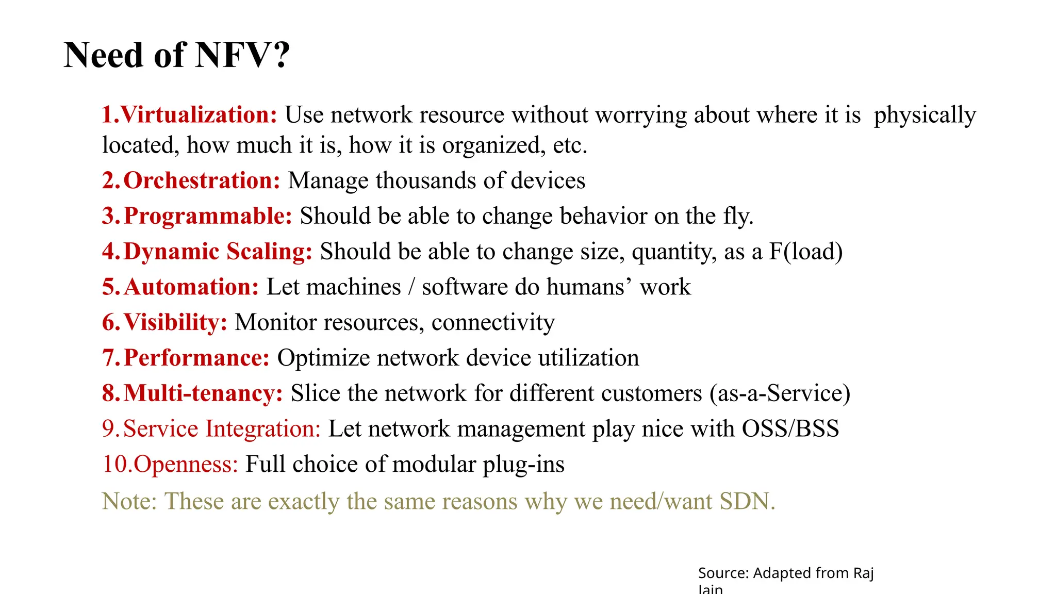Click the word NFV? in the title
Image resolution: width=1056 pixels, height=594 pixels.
click(242, 55)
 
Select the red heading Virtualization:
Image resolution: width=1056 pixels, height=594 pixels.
click(199, 114)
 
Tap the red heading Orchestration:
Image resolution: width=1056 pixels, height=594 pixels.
click(202, 180)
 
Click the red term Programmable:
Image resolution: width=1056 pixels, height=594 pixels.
click(208, 216)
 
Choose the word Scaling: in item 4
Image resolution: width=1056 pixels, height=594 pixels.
click(269, 252)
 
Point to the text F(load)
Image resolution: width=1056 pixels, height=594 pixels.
click(806, 252)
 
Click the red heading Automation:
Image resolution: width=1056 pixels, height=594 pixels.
click(191, 287)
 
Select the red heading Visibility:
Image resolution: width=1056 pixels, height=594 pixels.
click(175, 323)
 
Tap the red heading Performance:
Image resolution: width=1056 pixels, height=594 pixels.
click(196, 358)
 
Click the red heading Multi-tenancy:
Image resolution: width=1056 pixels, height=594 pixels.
click(203, 393)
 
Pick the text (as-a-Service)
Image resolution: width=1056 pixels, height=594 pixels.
click(780, 393)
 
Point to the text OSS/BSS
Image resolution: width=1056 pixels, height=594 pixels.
click(790, 429)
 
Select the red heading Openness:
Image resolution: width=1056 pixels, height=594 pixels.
click(186, 464)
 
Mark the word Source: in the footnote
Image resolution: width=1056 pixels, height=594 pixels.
click(723, 573)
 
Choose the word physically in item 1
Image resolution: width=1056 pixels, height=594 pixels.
click(925, 114)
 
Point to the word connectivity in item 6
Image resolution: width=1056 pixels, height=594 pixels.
click(493, 323)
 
